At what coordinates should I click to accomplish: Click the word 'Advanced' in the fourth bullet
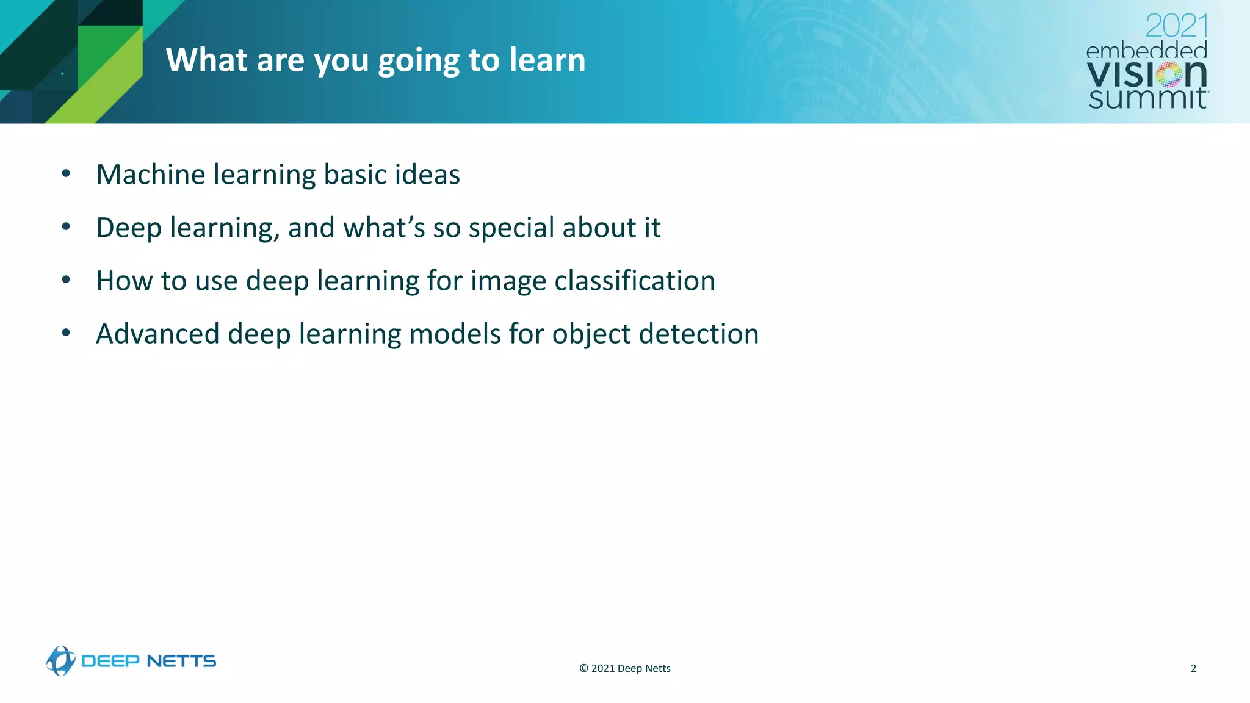point(157,334)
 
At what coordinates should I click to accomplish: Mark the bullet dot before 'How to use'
point(66,280)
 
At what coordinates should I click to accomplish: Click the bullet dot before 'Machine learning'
point(66,174)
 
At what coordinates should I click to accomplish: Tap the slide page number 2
point(1193,668)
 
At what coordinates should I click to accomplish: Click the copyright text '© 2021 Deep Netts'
point(624,668)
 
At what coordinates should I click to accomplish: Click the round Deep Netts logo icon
point(60,661)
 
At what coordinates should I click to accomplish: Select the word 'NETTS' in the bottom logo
point(181,661)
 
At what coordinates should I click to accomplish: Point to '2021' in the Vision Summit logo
point(1176,26)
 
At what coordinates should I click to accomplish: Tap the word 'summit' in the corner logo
point(1147,98)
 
